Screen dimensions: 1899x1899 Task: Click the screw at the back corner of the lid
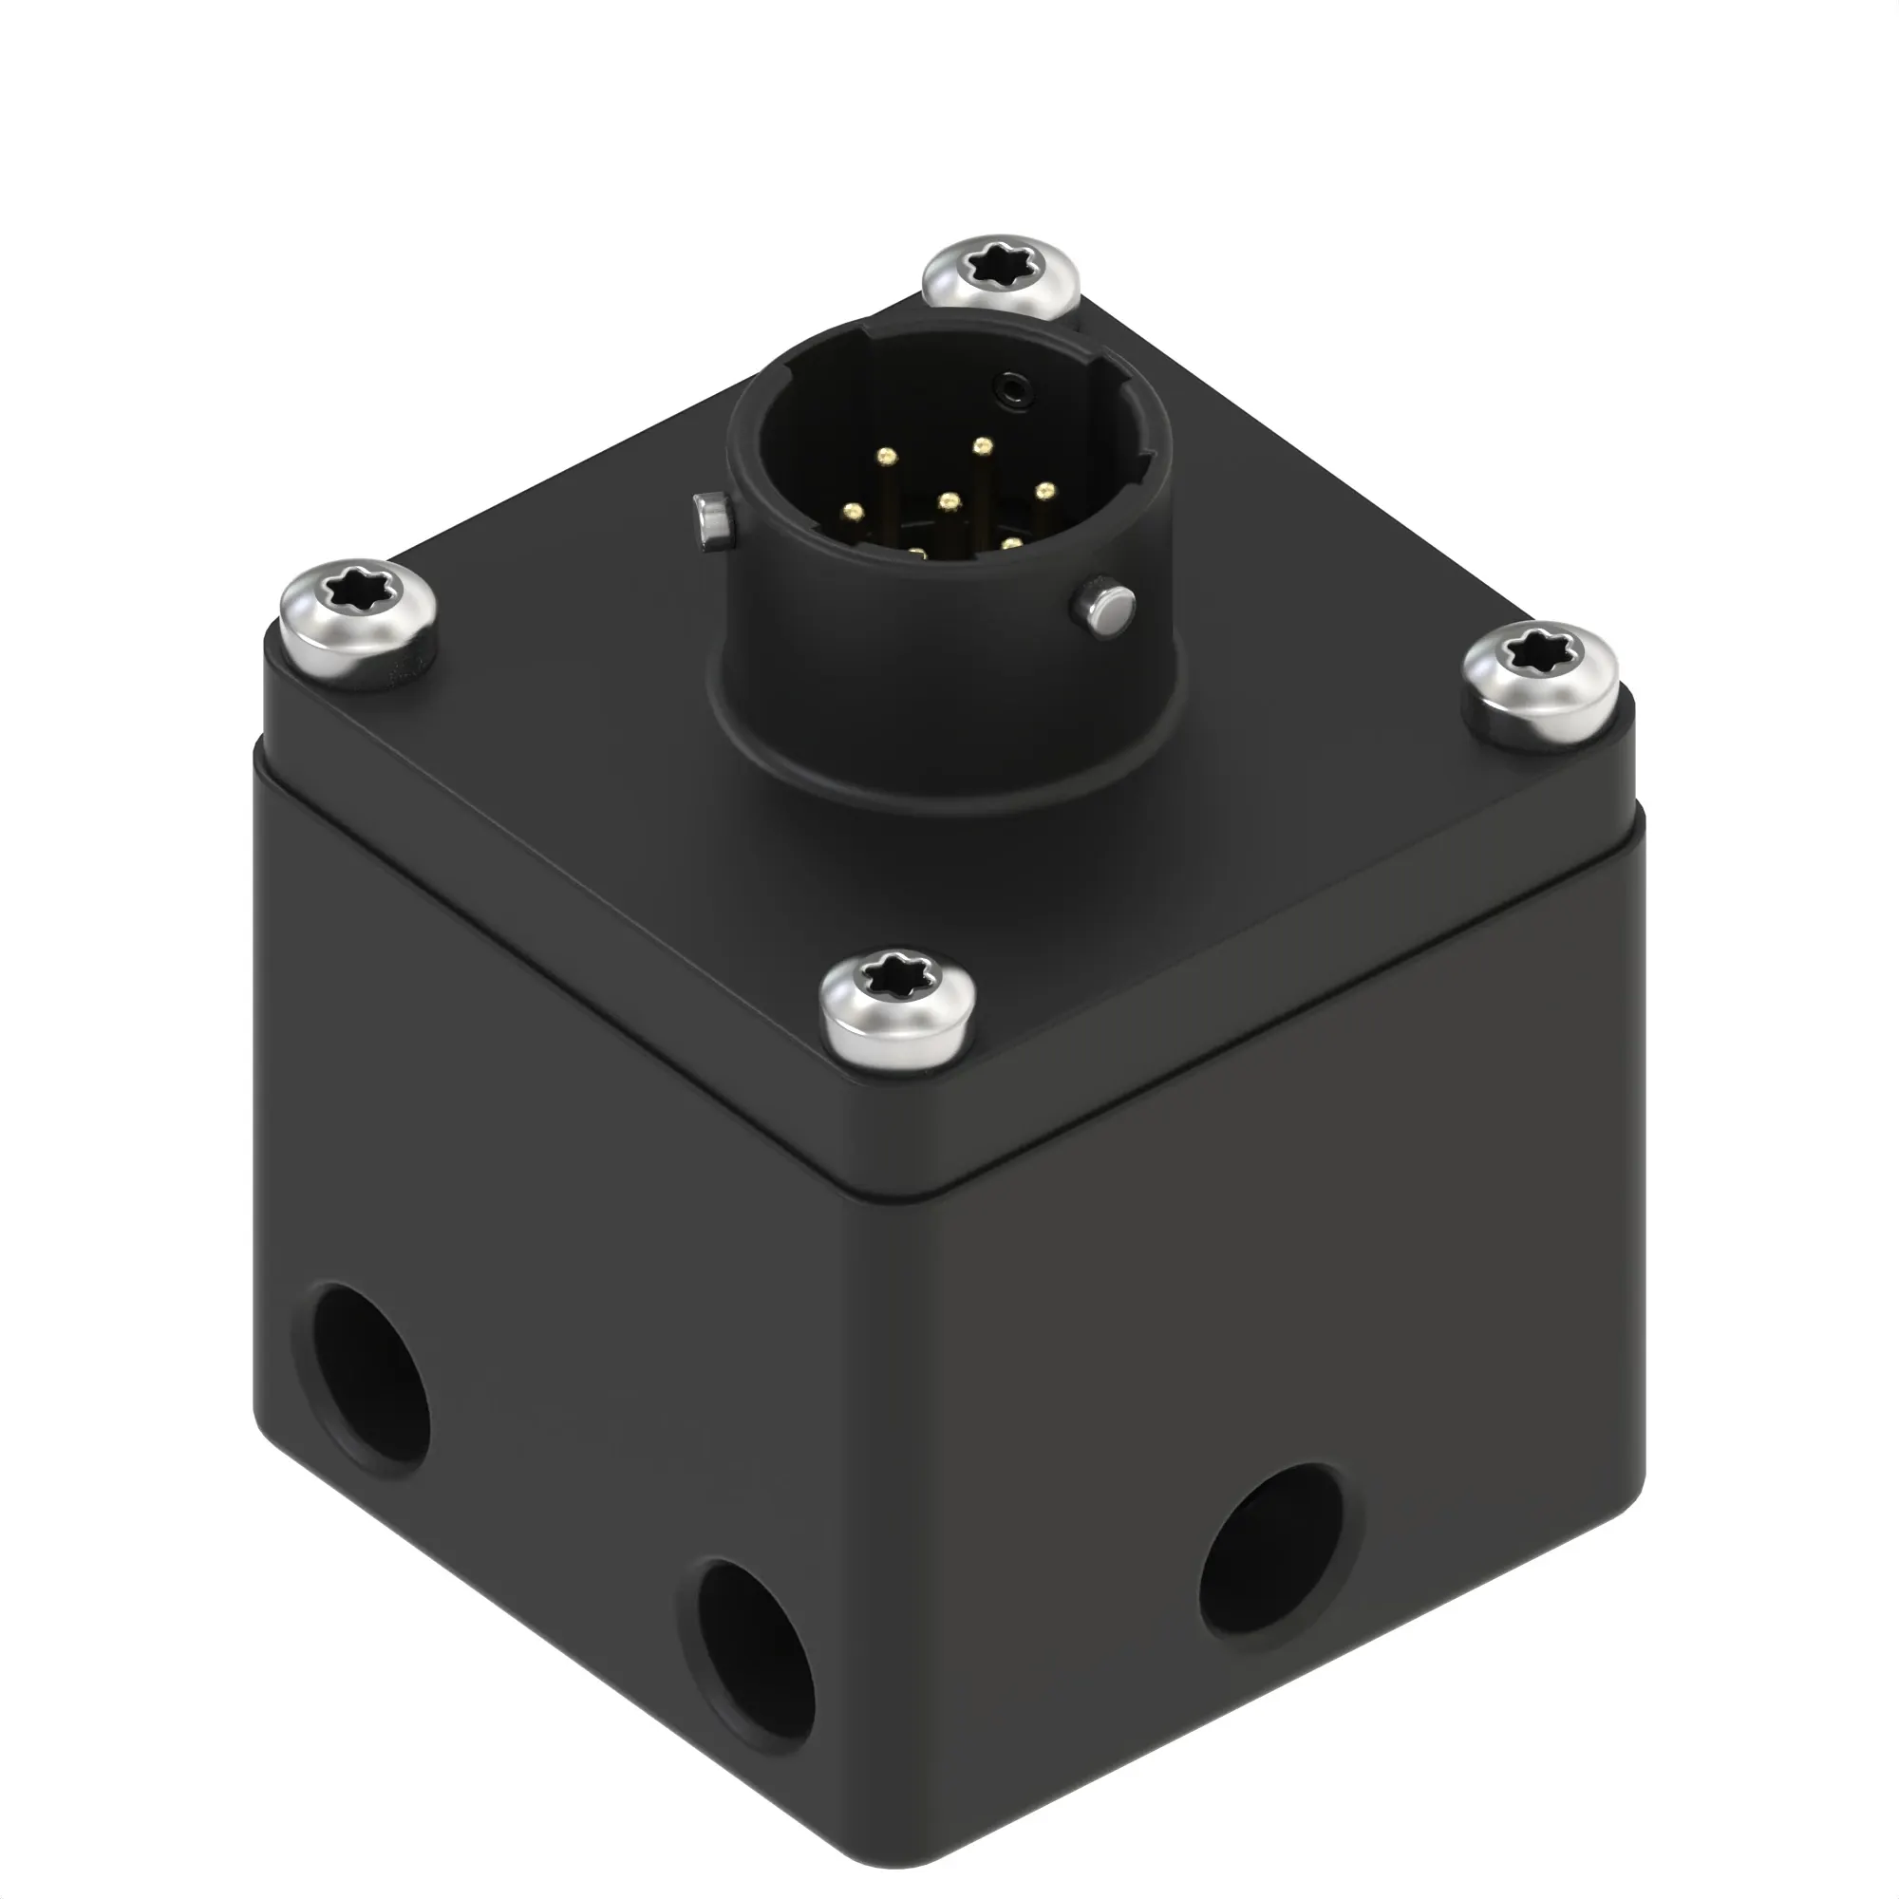[1001, 276]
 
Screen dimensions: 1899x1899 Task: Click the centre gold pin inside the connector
[948, 502]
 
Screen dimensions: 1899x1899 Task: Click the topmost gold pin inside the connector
[981, 447]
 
